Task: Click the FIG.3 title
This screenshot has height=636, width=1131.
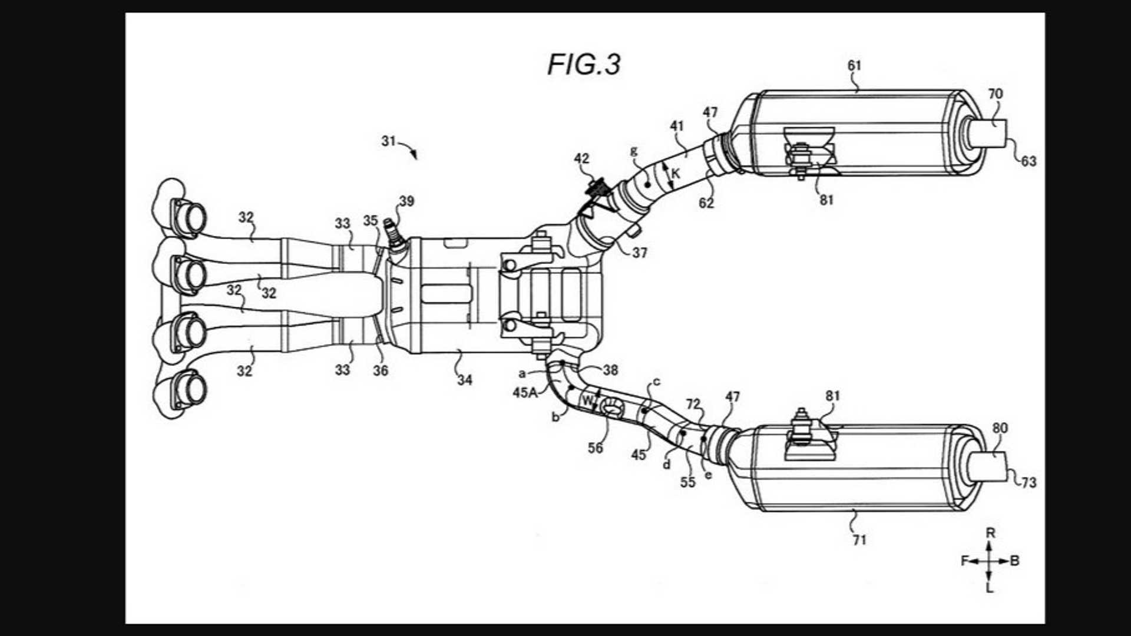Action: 584,64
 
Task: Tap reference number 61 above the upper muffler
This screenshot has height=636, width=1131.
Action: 854,66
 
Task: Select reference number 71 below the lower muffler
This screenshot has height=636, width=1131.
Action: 859,539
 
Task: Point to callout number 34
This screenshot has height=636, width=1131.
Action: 465,380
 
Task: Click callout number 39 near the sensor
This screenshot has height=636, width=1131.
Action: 406,201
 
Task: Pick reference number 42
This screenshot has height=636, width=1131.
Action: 581,159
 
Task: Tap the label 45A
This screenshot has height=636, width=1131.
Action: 525,393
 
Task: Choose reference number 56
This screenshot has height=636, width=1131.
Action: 596,448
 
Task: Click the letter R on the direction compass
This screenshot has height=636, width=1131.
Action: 990,534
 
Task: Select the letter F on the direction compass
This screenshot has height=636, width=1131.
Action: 965,561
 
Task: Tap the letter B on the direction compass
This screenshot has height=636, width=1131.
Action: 1014,561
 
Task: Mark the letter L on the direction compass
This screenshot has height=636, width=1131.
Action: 990,588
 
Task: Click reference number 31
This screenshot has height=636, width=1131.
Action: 388,141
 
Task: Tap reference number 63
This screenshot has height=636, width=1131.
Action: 1029,161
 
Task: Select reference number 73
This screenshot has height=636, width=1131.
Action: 1029,483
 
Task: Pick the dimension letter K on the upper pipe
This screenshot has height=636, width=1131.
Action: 676,174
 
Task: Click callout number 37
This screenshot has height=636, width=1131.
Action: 640,253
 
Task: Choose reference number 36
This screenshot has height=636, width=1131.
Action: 381,371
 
